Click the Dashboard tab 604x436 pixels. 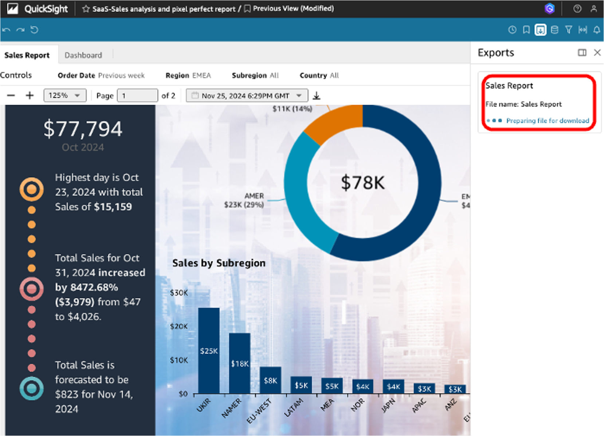point(83,55)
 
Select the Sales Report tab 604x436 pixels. point(27,55)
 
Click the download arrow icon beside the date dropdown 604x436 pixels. point(317,96)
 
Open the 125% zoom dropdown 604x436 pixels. point(65,96)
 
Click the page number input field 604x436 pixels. point(137,96)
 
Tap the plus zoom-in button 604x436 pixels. point(30,96)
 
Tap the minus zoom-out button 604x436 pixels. point(11,96)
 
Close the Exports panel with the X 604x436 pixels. point(597,52)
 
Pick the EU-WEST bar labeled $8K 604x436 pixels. point(270,380)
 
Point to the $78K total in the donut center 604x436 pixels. point(362,182)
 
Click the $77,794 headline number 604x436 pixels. point(83,129)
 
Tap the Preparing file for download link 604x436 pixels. point(547,121)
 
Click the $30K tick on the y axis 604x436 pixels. point(179,293)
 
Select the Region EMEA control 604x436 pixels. point(188,75)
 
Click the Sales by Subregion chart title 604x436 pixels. point(219,263)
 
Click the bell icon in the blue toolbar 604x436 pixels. point(597,30)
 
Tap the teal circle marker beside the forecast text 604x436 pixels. point(32,389)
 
